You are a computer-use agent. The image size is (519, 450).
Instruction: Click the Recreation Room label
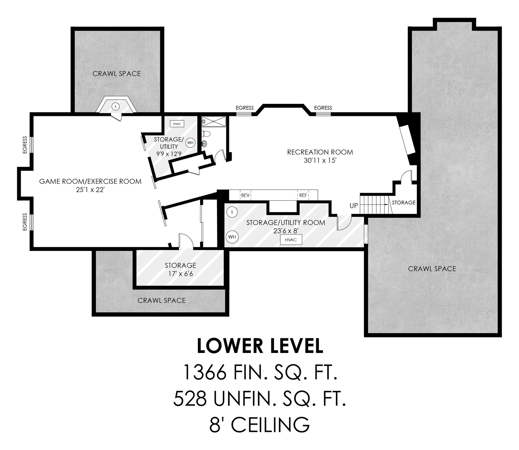(x=320, y=152)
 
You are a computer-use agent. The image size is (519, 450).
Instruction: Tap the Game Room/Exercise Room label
(x=90, y=181)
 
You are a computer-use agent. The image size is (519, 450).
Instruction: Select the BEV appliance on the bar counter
(x=245, y=195)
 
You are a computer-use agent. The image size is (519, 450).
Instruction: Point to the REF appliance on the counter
(x=303, y=195)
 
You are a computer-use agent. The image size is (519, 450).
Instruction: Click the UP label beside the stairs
(x=354, y=206)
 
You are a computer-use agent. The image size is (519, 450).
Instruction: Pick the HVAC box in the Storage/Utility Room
(x=291, y=240)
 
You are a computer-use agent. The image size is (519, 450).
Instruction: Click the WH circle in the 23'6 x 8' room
(x=232, y=237)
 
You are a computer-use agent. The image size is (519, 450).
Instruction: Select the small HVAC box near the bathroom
(x=177, y=124)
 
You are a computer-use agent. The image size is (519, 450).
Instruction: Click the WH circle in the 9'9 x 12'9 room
(x=190, y=142)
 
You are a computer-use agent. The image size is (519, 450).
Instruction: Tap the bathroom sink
(x=205, y=143)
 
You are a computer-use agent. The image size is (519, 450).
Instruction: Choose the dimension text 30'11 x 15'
(x=320, y=161)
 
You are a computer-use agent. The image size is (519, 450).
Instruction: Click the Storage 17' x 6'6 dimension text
(x=180, y=274)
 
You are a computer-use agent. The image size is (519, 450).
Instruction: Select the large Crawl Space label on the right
(x=432, y=269)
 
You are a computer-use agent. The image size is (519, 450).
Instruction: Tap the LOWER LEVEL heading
(x=260, y=346)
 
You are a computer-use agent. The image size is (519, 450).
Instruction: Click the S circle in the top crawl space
(x=115, y=106)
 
